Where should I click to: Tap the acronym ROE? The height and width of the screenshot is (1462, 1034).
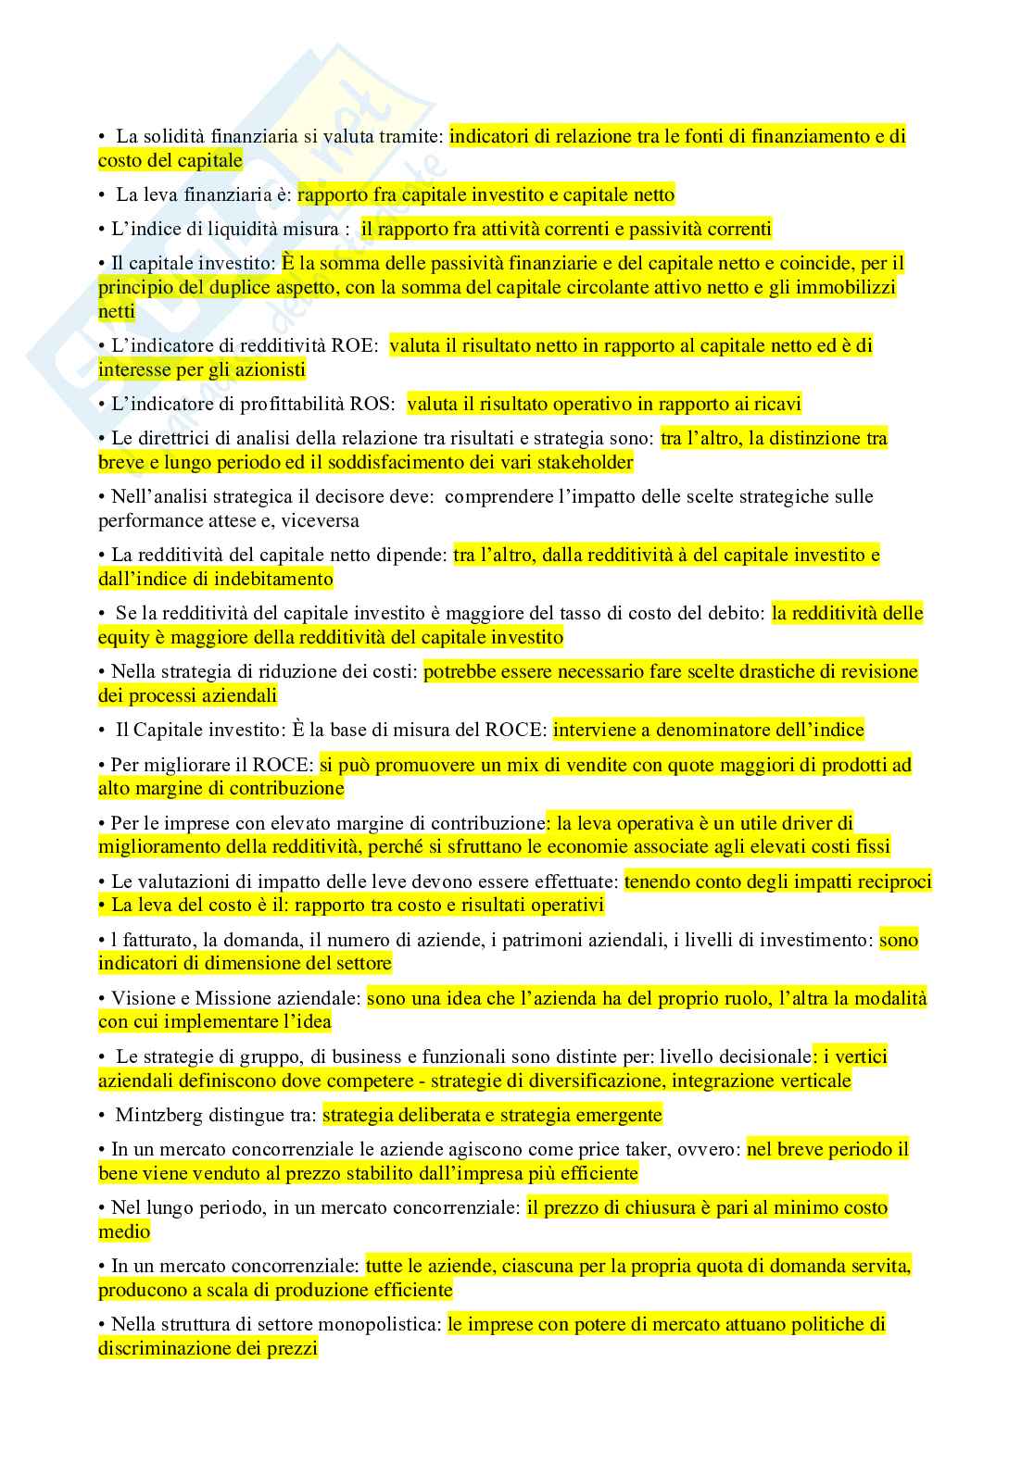coord(357,345)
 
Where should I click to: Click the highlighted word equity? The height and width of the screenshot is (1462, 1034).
coord(123,637)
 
